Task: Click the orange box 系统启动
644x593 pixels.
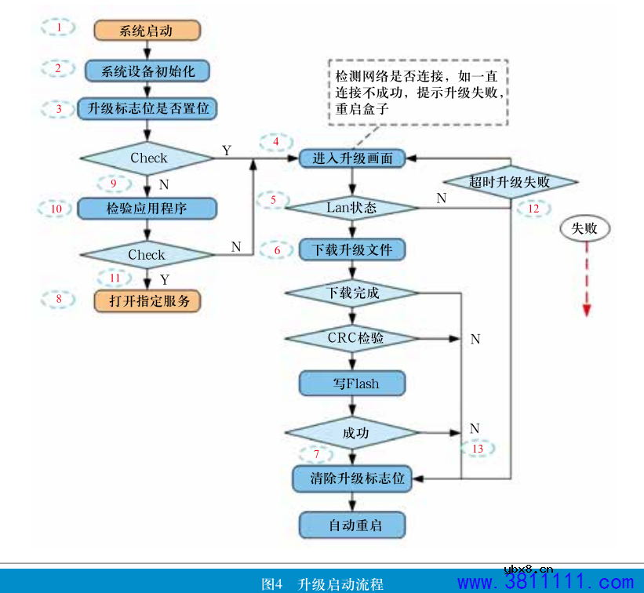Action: tap(147, 31)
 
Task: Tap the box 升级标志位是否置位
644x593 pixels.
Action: tap(147, 108)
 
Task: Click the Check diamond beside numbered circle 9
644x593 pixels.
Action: tap(148, 158)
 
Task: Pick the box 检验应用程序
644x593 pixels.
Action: tap(147, 208)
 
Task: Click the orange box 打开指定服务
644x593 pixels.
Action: tap(147, 300)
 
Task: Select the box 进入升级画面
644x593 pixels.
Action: tap(352, 158)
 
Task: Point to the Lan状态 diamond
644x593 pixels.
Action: tap(352, 208)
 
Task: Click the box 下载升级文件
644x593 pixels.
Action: tap(352, 250)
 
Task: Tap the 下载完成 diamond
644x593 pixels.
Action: tap(352, 293)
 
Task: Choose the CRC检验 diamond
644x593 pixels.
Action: tap(352, 339)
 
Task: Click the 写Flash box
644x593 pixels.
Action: tap(352, 384)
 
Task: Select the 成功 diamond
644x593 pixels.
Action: tap(352, 432)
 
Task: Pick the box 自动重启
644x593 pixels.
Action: tap(352, 525)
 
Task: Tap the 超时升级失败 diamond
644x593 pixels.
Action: tap(511, 182)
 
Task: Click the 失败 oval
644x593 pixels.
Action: tap(584, 228)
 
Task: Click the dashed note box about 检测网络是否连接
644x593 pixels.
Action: tap(417, 91)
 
